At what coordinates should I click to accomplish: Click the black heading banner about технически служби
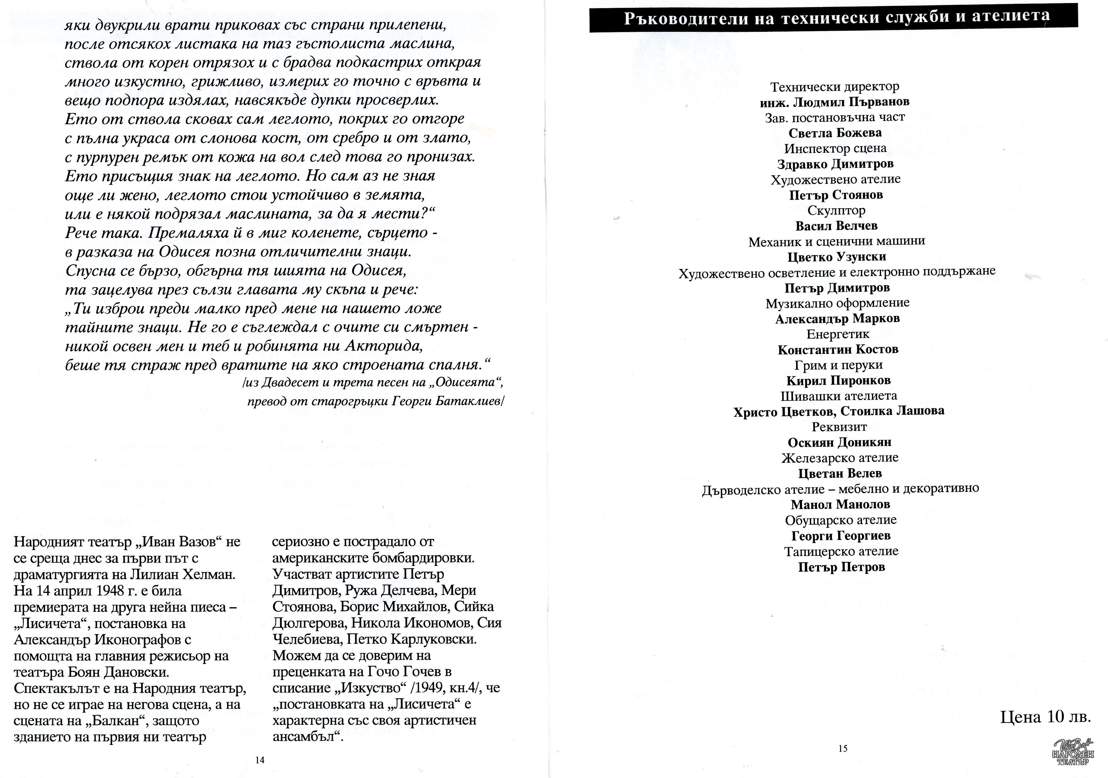coord(833,18)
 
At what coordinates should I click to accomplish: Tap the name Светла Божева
coord(835,133)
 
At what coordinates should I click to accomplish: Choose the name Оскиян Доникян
coord(839,442)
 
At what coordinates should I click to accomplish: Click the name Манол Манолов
coord(840,505)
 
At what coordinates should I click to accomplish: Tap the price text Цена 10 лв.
coord(1045,717)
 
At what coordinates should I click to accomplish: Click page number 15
coord(843,748)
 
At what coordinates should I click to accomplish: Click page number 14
coord(260,760)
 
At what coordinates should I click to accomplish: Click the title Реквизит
coord(839,427)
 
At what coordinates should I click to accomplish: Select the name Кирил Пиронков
coord(838,381)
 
